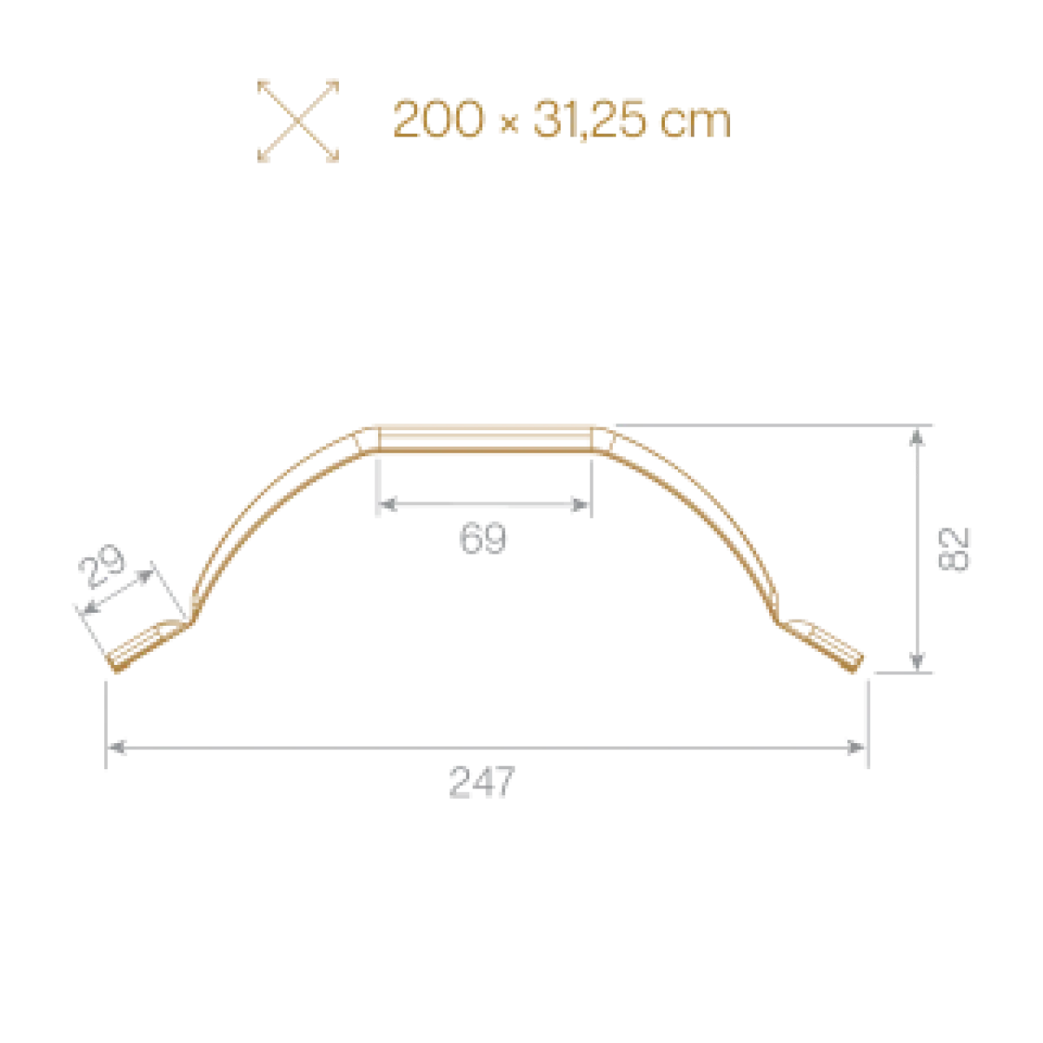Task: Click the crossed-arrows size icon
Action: [x=298, y=121]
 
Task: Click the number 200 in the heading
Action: [x=438, y=118]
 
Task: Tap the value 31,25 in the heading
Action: [x=590, y=120]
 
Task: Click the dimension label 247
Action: [x=482, y=781]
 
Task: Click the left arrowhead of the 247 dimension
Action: [x=117, y=747]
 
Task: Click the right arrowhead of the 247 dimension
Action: [x=856, y=747]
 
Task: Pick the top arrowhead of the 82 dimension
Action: [x=916, y=437]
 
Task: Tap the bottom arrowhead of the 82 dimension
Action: [x=916, y=661]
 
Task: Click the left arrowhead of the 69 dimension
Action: [x=388, y=505]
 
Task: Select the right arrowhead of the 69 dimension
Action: [x=581, y=505]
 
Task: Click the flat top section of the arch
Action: [x=486, y=440]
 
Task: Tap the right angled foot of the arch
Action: [x=820, y=647]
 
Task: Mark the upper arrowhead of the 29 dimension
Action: [x=145, y=576]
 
